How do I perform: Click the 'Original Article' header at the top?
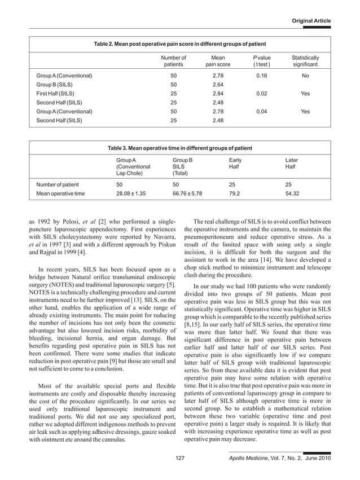click(x=311, y=21)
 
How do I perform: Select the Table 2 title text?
click(x=179, y=43)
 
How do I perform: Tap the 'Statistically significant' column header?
click(x=305, y=61)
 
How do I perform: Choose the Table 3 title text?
click(x=179, y=148)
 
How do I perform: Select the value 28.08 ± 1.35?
click(x=131, y=193)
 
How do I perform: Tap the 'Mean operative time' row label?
click(x=60, y=193)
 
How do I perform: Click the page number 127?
click(x=180, y=459)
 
